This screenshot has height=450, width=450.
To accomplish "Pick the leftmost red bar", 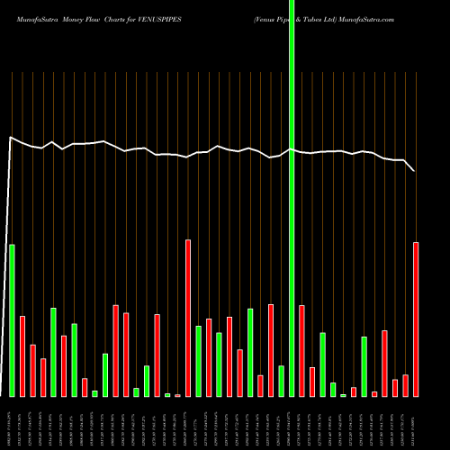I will (x=22, y=355).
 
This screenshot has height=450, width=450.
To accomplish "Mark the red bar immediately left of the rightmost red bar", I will (x=405, y=385).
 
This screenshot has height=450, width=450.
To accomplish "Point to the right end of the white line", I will (x=415, y=170).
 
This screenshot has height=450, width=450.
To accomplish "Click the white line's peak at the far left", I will (x=10, y=137).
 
